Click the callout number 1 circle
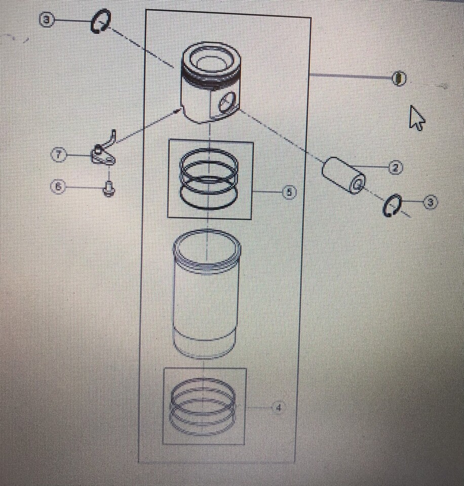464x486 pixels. point(399,78)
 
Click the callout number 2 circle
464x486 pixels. point(395,168)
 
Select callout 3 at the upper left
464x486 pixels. point(47,21)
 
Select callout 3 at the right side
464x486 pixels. point(430,203)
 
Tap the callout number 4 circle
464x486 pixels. point(278,407)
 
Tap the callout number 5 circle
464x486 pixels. point(289,192)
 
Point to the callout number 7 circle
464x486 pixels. point(59,154)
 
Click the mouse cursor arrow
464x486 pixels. point(416,117)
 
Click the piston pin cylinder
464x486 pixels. point(343,175)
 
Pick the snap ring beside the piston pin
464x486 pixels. point(392,207)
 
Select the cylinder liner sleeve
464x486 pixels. point(207,294)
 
